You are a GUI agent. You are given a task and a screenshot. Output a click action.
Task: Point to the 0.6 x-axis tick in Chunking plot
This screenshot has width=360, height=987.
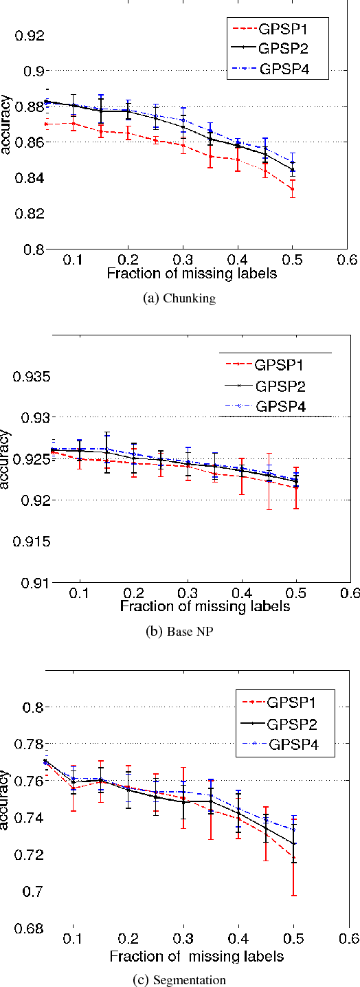pyautogui.click(x=348, y=260)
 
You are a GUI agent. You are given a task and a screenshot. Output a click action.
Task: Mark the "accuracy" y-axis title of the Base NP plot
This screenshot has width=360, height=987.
pyautogui.click(x=6, y=458)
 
